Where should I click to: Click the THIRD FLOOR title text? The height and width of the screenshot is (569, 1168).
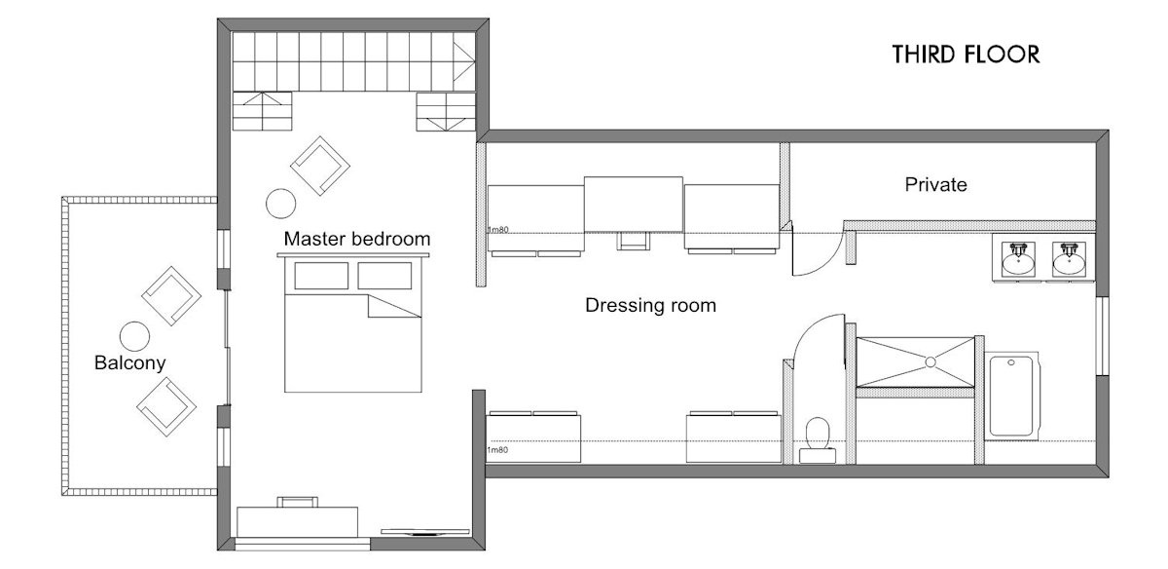coord(966,55)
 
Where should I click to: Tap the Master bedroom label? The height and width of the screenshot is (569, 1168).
coord(356,239)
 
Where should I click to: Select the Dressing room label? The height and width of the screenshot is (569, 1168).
coord(650,306)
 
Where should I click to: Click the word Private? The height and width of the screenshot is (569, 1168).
coord(935,184)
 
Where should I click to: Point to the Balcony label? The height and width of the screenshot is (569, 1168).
coord(129,363)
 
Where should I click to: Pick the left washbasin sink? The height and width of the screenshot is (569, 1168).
coord(1019,258)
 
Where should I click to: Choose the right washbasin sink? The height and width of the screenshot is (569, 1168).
coord(1069,258)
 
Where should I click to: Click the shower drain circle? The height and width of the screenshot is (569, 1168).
coord(930,361)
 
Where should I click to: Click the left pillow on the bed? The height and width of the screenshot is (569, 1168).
coord(320,277)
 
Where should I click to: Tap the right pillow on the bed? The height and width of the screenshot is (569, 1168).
coord(383,277)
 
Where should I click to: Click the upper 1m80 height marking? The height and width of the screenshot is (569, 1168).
coord(498,231)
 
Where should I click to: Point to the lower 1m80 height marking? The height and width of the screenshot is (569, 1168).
coord(496,449)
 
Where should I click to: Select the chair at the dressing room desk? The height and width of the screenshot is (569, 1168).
coord(633,241)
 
